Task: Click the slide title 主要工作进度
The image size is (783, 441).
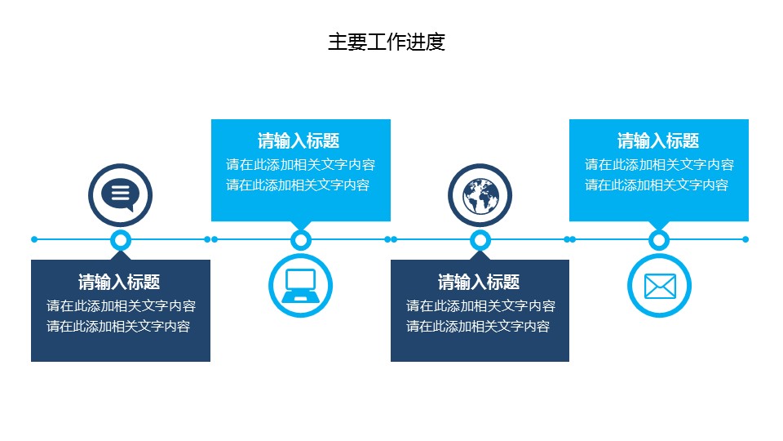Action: [387, 42]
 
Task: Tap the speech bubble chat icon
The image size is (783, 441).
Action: [121, 194]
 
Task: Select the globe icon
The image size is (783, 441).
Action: [480, 195]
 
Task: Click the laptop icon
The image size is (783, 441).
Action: [300, 285]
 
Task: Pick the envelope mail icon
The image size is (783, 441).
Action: [659, 286]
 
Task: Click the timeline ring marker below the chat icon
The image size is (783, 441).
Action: [121, 239]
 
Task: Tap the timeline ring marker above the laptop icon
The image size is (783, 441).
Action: [301, 239]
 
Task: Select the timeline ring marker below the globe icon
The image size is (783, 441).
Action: [480, 239]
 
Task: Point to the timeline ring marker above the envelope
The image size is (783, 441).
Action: [659, 239]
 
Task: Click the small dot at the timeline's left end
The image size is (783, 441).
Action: [34, 239]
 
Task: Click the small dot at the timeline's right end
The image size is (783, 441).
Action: [745, 239]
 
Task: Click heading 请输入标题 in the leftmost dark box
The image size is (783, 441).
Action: [119, 283]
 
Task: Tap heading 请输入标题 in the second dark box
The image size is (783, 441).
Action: [479, 283]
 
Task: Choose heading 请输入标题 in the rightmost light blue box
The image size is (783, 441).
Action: [658, 140]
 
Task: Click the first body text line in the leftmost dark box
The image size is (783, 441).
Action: [121, 306]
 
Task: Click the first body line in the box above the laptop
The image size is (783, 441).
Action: [301, 164]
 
